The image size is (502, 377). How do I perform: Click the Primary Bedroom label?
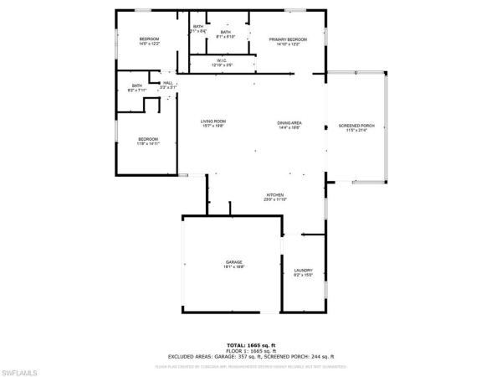point(287,39)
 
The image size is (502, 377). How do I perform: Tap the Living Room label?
point(213,121)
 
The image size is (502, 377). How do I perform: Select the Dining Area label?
point(289,122)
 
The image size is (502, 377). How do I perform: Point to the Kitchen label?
point(276,194)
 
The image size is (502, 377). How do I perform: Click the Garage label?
point(233,262)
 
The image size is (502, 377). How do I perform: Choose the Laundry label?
point(303,270)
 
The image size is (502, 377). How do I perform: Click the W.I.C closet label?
point(222,59)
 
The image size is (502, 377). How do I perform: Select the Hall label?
point(168,83)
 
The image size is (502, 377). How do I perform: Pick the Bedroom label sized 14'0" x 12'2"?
point(149,39)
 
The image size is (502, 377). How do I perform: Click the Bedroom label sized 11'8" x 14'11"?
point(148,139)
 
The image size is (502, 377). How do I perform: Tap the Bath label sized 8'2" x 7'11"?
point(136,85)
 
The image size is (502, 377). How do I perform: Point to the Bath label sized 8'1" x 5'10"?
point(225,32)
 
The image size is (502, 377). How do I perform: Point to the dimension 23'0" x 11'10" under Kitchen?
point(276,199)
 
